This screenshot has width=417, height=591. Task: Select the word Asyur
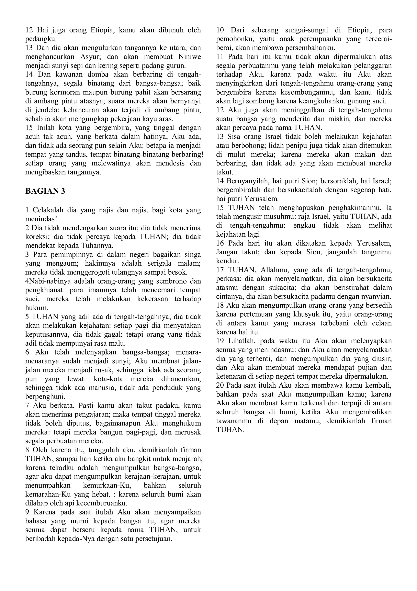coord(90,57)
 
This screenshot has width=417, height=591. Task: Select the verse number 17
coord(220,270)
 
